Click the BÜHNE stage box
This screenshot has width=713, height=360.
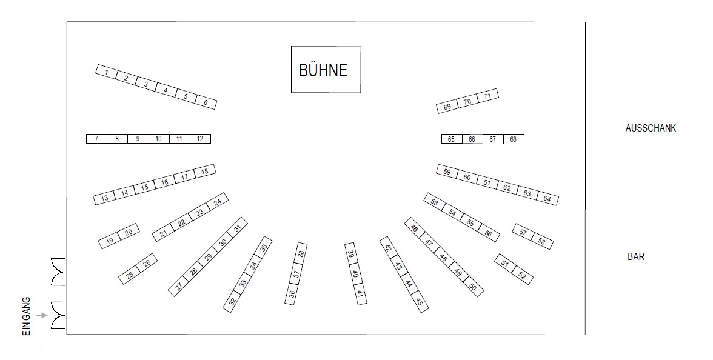326,70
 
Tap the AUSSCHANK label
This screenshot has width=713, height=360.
650,128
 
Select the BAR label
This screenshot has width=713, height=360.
636,257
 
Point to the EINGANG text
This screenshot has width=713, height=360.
26,317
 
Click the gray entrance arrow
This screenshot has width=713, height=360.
41,315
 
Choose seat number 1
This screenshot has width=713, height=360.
106,72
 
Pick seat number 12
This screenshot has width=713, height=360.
200,139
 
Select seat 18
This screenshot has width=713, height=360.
205,172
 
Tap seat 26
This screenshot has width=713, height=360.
147,264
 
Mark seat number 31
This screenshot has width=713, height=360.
238,228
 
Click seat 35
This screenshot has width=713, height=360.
263,247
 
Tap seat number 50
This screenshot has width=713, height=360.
473,287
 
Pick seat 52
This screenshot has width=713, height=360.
521,276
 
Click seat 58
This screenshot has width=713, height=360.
541,242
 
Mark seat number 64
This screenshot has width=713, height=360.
547,198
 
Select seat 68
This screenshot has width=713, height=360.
514,139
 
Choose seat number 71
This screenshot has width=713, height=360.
487,96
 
